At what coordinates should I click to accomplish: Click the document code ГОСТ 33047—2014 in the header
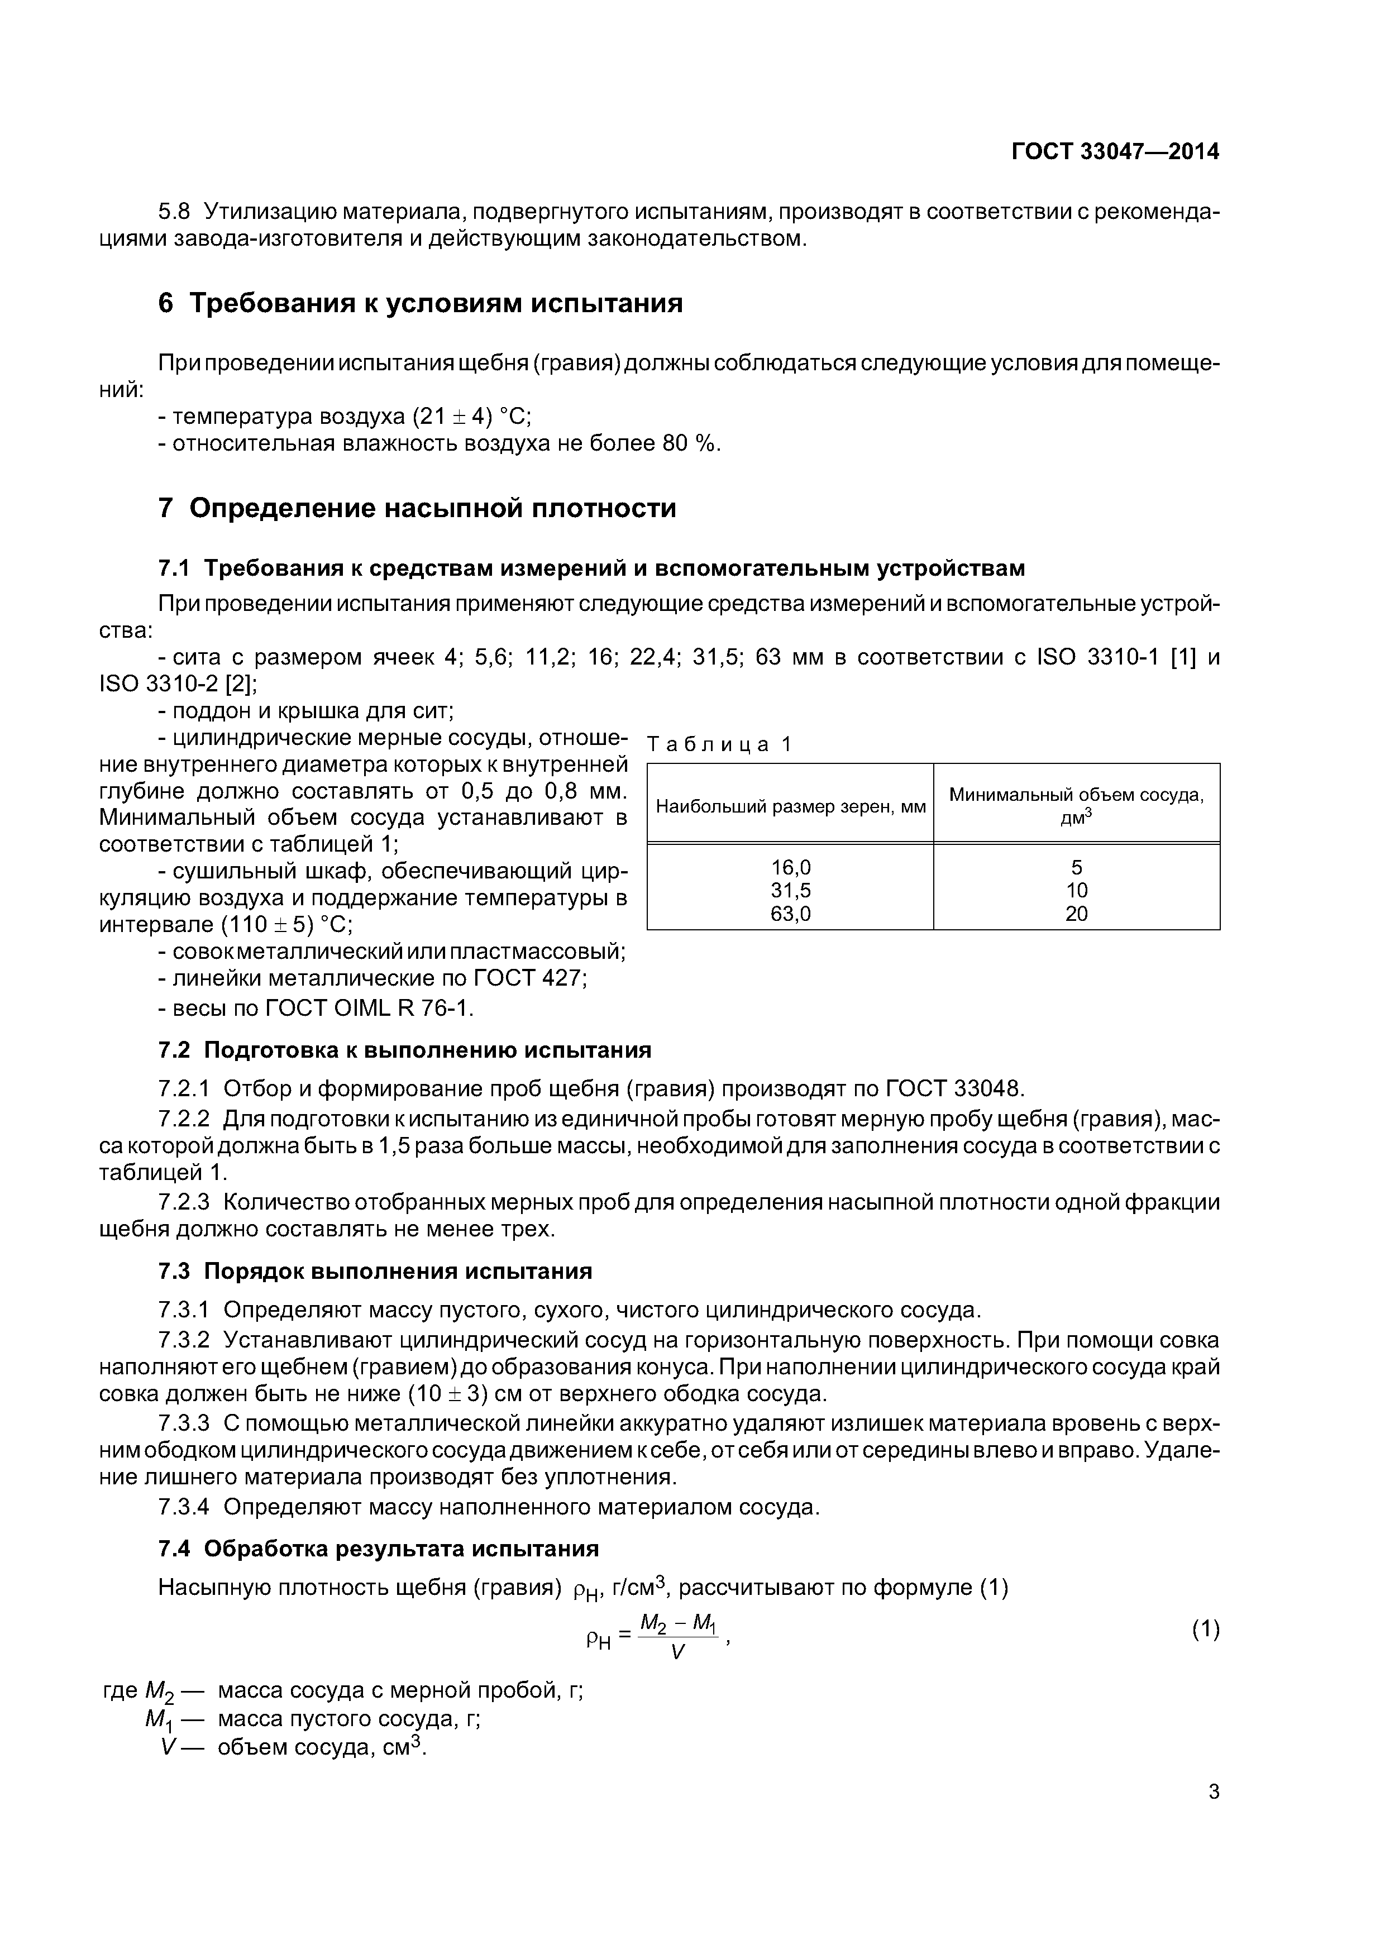(x=1115, y=152)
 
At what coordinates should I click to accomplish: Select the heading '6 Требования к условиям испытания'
(x=420, y=303)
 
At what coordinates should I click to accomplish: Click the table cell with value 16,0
(x=790, y=868)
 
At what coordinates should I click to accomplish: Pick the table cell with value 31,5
(x=790, y=891)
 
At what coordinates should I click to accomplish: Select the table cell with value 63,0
(x=790, y=914)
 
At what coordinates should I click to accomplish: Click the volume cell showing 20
(x=1076, y=914)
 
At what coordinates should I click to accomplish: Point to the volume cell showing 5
(x=1076, y=868)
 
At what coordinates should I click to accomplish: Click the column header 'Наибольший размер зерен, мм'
(x=790, y=806)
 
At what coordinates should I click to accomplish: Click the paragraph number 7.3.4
(x=184, y=1508)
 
